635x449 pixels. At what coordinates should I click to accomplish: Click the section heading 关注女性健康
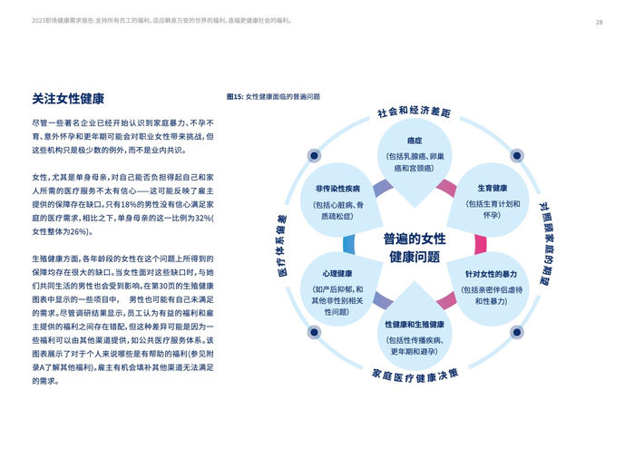point(68,98)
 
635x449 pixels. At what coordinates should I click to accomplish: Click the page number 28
point(600,22)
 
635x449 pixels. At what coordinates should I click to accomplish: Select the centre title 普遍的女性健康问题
point(415,248)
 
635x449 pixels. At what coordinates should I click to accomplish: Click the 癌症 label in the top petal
point(415,141)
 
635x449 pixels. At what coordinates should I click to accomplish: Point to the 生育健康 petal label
point(492,188)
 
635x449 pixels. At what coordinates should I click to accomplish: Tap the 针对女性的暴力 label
point(491,273)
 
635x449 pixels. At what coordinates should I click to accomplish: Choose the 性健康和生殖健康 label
point(415,324)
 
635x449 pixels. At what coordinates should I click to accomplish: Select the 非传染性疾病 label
point(337,188)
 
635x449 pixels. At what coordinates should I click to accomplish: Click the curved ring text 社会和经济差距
point(414,112)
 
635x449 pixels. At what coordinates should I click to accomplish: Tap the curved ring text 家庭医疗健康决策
point(415,374)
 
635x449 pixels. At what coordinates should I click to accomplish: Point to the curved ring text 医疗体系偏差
point(281,245)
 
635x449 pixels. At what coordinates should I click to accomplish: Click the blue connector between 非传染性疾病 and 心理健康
point(349,243)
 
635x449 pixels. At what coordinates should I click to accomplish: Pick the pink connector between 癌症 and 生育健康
point(446,188)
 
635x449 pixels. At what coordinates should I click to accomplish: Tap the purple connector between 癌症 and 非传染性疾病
point(382,188)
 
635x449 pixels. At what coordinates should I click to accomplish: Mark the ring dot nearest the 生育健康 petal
point(515,155)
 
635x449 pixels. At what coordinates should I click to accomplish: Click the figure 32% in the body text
point(200,219)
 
